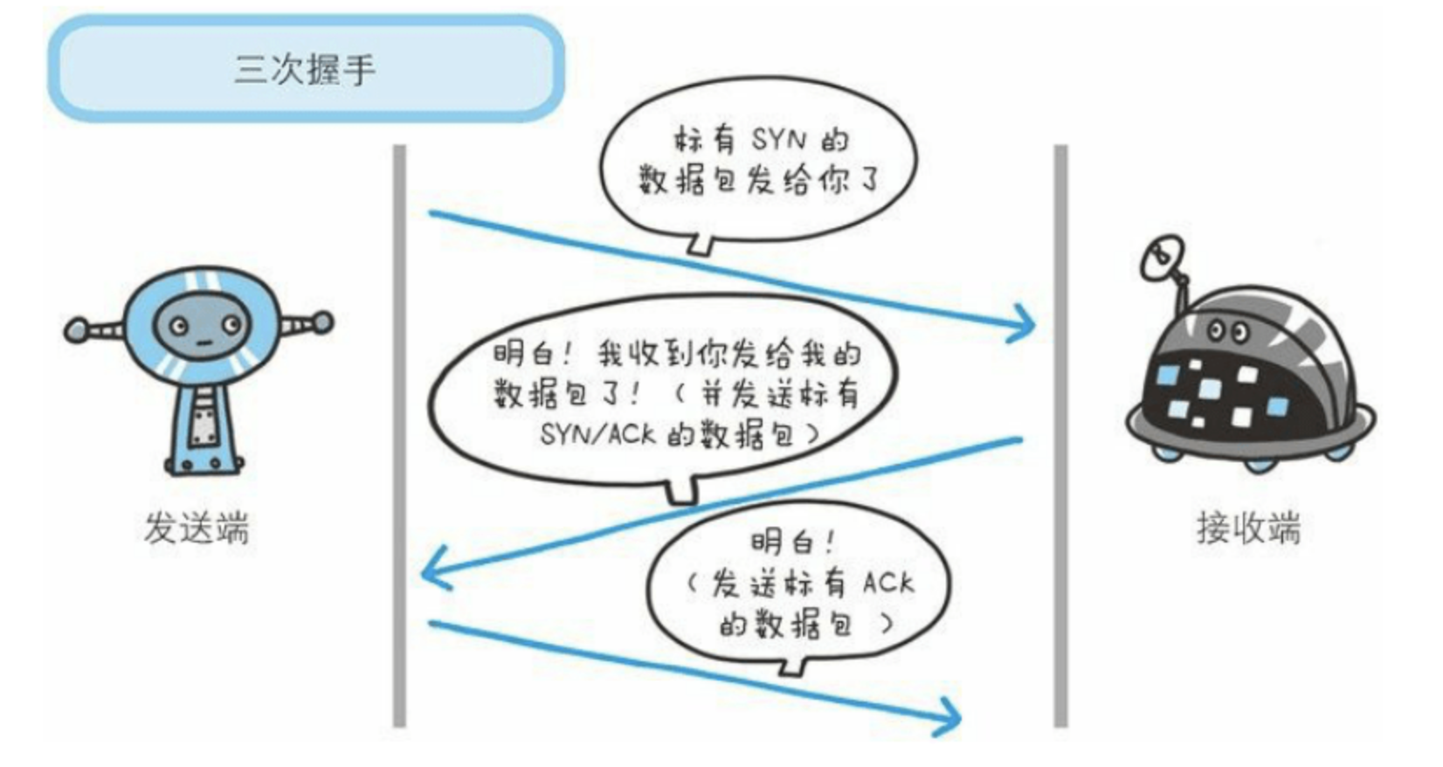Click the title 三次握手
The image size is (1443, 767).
[x=305, y=69]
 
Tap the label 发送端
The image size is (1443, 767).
[x=197, y=529]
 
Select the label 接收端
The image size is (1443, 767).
[x=1247, y=529]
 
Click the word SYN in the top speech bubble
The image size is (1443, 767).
[x=779, y=139]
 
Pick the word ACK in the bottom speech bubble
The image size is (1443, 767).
[x=887, y=582]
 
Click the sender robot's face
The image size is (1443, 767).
[x=202, y=326]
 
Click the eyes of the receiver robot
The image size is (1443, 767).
[x=1227, y=331]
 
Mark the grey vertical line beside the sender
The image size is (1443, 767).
[x=399, y=437]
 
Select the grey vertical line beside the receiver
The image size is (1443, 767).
[x=1060, y=437]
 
